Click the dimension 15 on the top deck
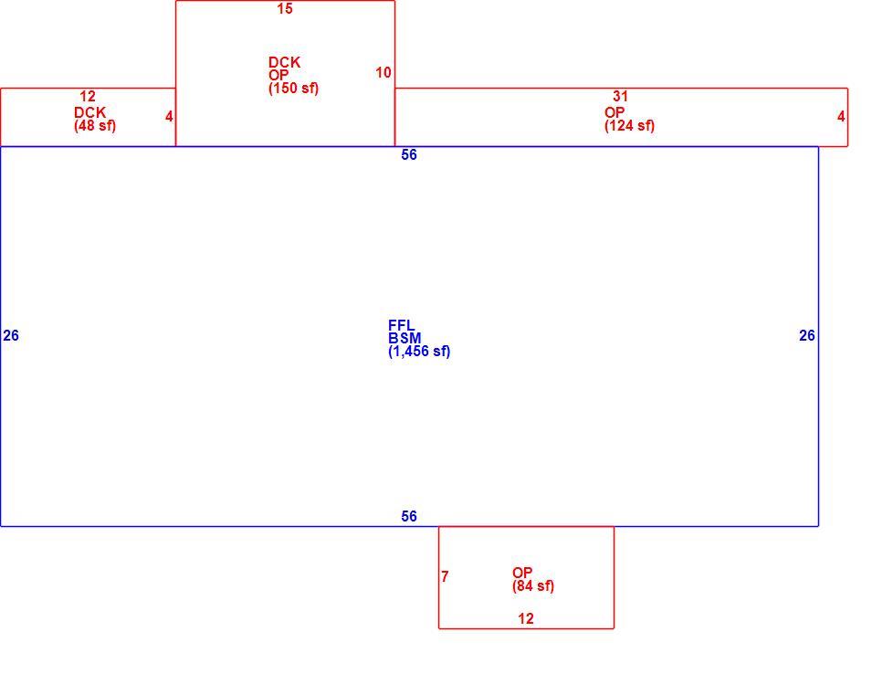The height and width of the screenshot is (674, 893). (285, 8)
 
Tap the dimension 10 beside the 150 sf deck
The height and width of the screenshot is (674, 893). (383, 72)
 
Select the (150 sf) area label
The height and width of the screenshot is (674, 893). (293, 89)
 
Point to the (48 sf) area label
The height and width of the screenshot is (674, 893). (95, 125)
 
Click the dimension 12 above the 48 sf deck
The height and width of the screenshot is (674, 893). (87, 96)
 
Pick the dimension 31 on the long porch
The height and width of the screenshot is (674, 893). (620, 96)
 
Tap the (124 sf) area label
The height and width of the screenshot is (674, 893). (629, 125)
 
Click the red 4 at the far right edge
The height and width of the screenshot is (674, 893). (841, 116)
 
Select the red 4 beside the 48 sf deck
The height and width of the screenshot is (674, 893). (169, 116)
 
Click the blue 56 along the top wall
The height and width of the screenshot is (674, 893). (409, 155)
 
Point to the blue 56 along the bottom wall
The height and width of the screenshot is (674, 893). (409, 516)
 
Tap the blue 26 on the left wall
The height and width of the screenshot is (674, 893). (11, 335)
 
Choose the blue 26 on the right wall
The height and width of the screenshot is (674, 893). (807, 335)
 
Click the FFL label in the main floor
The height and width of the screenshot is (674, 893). (402, 325)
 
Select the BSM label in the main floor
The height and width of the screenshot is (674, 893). (404, 338)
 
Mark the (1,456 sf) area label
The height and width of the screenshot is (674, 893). (419, 351)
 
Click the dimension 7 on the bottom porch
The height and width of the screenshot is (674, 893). (445, 576)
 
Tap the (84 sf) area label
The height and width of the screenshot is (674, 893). (533, 585)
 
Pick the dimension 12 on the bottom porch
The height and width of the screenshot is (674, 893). (526, 618)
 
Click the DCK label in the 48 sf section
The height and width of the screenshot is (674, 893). (90, 113)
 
